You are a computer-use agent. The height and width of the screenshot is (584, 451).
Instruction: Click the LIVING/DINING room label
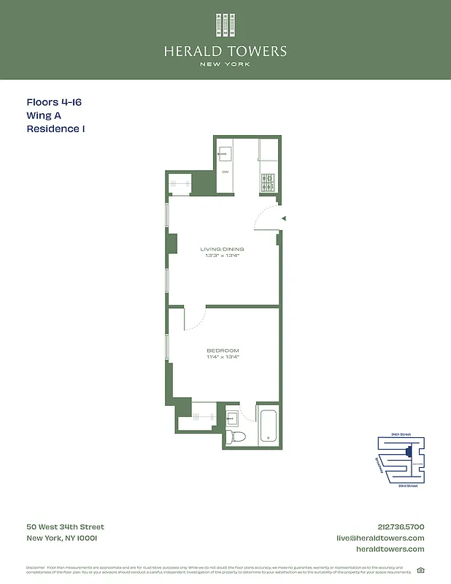point(223,249)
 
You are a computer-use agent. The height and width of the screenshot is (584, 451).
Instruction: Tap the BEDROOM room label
point(223,351)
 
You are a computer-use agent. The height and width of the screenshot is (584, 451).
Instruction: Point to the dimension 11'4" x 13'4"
point(223,357)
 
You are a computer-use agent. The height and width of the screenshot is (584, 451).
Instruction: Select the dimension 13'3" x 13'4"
point(223,255)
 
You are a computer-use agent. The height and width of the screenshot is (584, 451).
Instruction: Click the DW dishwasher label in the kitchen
point(225,172)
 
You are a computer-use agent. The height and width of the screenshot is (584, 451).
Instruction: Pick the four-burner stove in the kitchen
point(268,182)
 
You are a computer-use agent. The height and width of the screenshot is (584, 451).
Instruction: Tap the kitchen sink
point(225,153)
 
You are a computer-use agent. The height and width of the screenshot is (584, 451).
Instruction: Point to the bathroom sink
point(232,418)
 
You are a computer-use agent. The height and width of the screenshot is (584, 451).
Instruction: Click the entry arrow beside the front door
point(284,218)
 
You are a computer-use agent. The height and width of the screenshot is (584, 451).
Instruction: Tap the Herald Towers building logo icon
point(225,26)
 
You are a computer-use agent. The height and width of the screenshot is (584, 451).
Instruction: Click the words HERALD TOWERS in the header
point(225,52)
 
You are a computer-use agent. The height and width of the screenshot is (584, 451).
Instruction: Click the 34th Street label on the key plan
point(401,434)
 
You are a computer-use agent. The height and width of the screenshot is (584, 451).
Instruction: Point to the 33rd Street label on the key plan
point(408,485)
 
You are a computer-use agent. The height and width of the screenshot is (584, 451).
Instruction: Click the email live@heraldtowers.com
point(379,538)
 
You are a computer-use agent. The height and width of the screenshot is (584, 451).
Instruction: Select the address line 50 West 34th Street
point(65,527)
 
